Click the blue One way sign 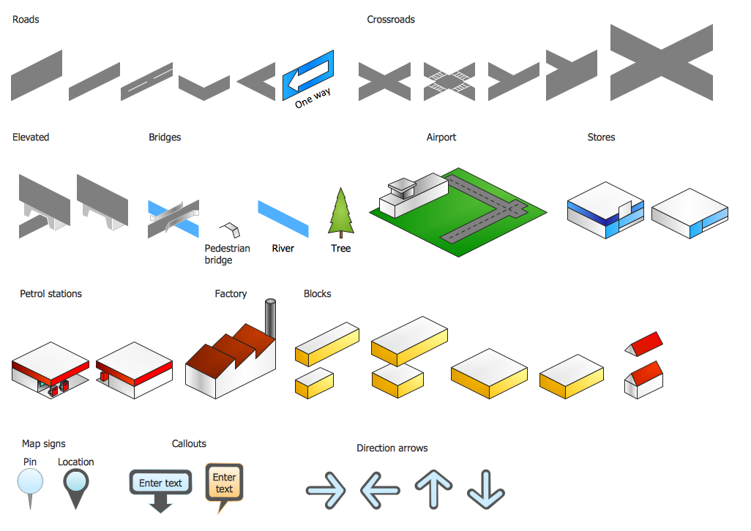click(308, 75)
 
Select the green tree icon click(341, 213)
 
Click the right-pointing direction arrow click(326, 490)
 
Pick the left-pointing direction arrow click(380, 490)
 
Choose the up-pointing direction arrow click(434, 489)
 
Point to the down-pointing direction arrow click(486, 489)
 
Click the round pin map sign click(30, 483)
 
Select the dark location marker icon click(75, 483)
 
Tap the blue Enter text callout click(160, 483)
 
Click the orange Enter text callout click(224, 483)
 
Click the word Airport click(441, 138)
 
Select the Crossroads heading click(391, 20)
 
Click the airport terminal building click(411, 195)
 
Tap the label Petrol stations click(51, 294)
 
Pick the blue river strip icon click(283, 219)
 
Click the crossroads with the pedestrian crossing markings click(450, 80)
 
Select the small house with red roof click(644, 380)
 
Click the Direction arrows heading click(392, 448)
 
